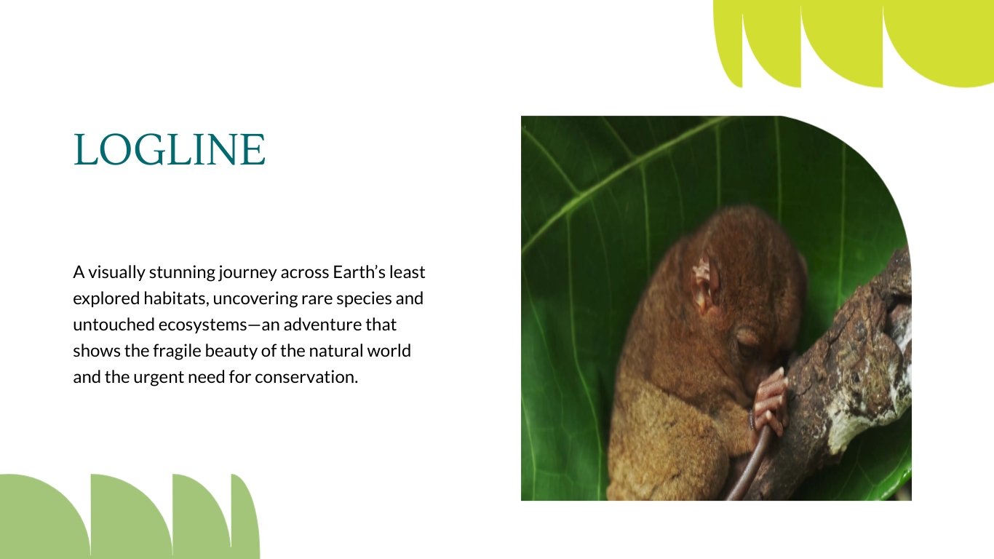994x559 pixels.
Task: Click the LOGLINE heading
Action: pos(169,150)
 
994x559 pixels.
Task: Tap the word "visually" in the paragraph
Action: pos(116,273)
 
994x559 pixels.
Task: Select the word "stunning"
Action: pos(183,273)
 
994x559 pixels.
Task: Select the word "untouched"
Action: pos(114,325)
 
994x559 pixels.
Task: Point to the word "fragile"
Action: pos(177,352)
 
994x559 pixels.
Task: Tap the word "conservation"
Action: pos(306,377)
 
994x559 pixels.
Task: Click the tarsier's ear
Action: pos(705,285)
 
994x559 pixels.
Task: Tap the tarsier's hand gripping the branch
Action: pos(771,401)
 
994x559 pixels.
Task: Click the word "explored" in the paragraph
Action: pos(106,299)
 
